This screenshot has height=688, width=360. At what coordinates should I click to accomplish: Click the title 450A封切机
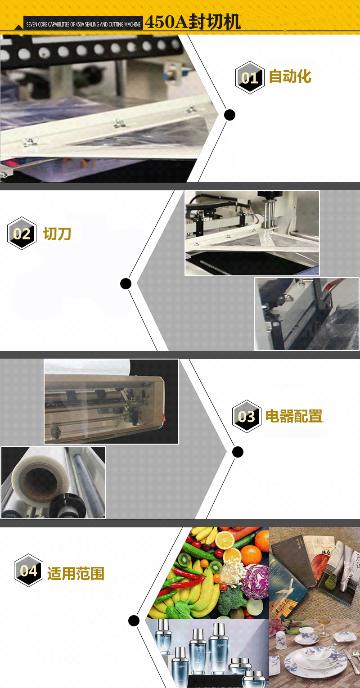pos(193,22)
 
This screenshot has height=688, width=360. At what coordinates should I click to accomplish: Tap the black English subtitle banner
pos(83,23)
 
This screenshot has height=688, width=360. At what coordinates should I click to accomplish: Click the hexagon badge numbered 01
pos(250,78)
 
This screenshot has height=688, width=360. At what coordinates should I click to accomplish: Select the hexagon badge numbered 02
pos(22,233)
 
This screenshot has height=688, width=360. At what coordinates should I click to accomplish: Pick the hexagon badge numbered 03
pos(247,417)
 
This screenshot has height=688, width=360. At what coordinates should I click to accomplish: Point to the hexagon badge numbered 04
pos(28,571)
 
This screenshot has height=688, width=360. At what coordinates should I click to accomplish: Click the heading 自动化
pos(290,76)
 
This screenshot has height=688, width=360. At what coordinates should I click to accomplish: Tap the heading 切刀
pos(57,234)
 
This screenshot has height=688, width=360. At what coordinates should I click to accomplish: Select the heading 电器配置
pos(294,416)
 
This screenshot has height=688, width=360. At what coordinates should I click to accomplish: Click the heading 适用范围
pos(76,573)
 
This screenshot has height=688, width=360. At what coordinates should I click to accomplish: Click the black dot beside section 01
pos(230,115)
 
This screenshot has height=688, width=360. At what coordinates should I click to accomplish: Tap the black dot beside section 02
pos(126,283)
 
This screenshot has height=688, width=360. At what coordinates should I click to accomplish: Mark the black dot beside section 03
pos(238,452)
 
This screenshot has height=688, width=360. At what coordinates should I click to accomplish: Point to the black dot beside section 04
pos(134,621)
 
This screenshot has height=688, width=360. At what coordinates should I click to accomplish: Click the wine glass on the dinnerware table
pos(323,627)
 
